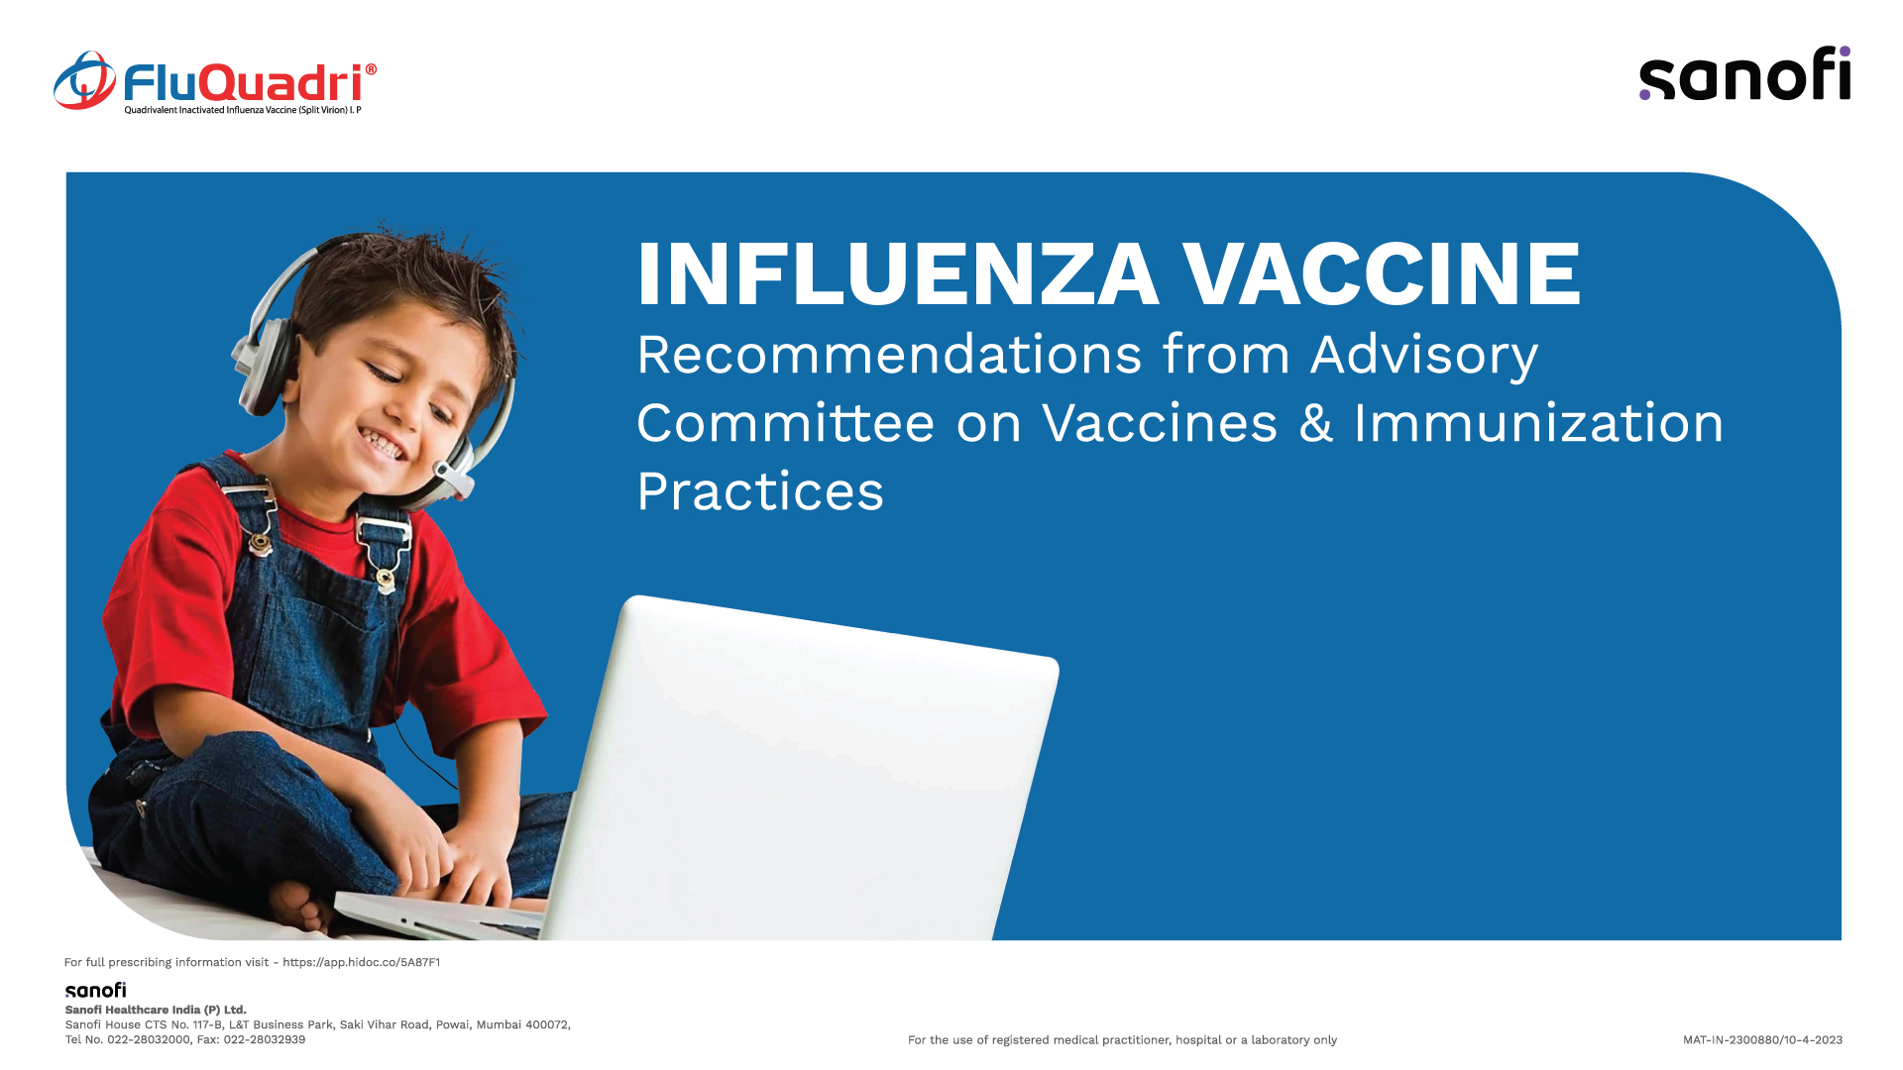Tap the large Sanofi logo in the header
(x=1744, y=73)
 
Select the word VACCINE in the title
(x=1382, y=273)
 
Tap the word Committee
(x=786, y=423)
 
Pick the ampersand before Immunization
(x=1316, y=424)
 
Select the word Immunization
(x=1539, y=423)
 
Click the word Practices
(x=760, y=491)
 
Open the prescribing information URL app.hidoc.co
(x=362, y=962)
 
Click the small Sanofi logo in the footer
(x=96, y=990)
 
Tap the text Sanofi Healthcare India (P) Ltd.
(x=156, y=1010)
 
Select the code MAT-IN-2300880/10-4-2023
(x=1762, y=1039)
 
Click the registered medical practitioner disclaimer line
(x=1122, y=1039)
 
